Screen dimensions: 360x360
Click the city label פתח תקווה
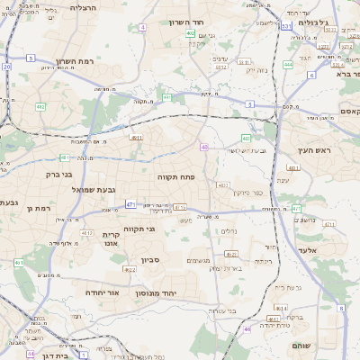click(x=176, y=177)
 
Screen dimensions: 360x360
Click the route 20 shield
click(x=7, y=67)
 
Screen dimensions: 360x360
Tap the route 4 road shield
click(x=142, y=27)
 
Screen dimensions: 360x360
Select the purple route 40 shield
click(x=205, y=147)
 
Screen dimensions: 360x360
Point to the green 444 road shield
click(x=288, y=64)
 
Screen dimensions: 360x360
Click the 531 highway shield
click(x=285, y=26)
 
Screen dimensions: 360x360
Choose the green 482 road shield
click(x=167, y=97)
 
